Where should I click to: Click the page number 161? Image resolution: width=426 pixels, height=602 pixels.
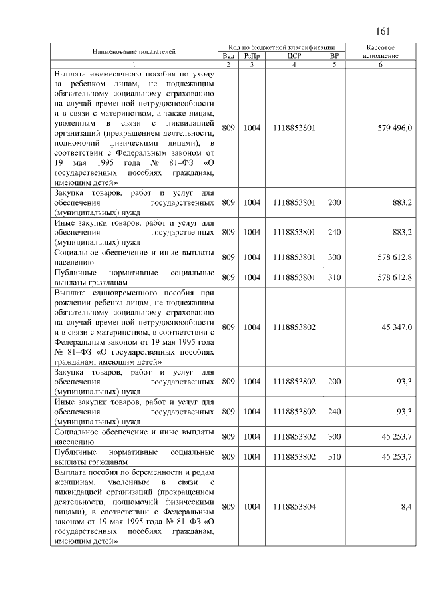tap(382, 31)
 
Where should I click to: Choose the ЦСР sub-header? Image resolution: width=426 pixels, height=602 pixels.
tap(294, 56)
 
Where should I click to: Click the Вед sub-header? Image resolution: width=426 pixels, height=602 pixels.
tap(228, 56)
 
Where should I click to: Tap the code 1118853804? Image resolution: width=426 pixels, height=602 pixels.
tap(294, 507)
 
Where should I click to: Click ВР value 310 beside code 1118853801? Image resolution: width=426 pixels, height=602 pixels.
tap(334, 277)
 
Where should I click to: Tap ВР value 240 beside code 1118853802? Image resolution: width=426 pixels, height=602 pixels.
tap(334, 412)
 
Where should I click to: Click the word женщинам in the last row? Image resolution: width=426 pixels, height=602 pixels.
tap(74, 481)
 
